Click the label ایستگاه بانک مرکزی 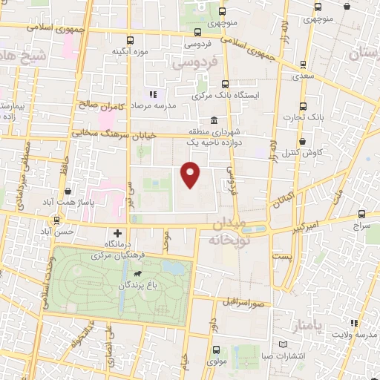pos(224,95)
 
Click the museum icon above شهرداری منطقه pos(214,121)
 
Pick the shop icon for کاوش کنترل pos(302,141)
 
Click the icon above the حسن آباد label pos(56,220)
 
